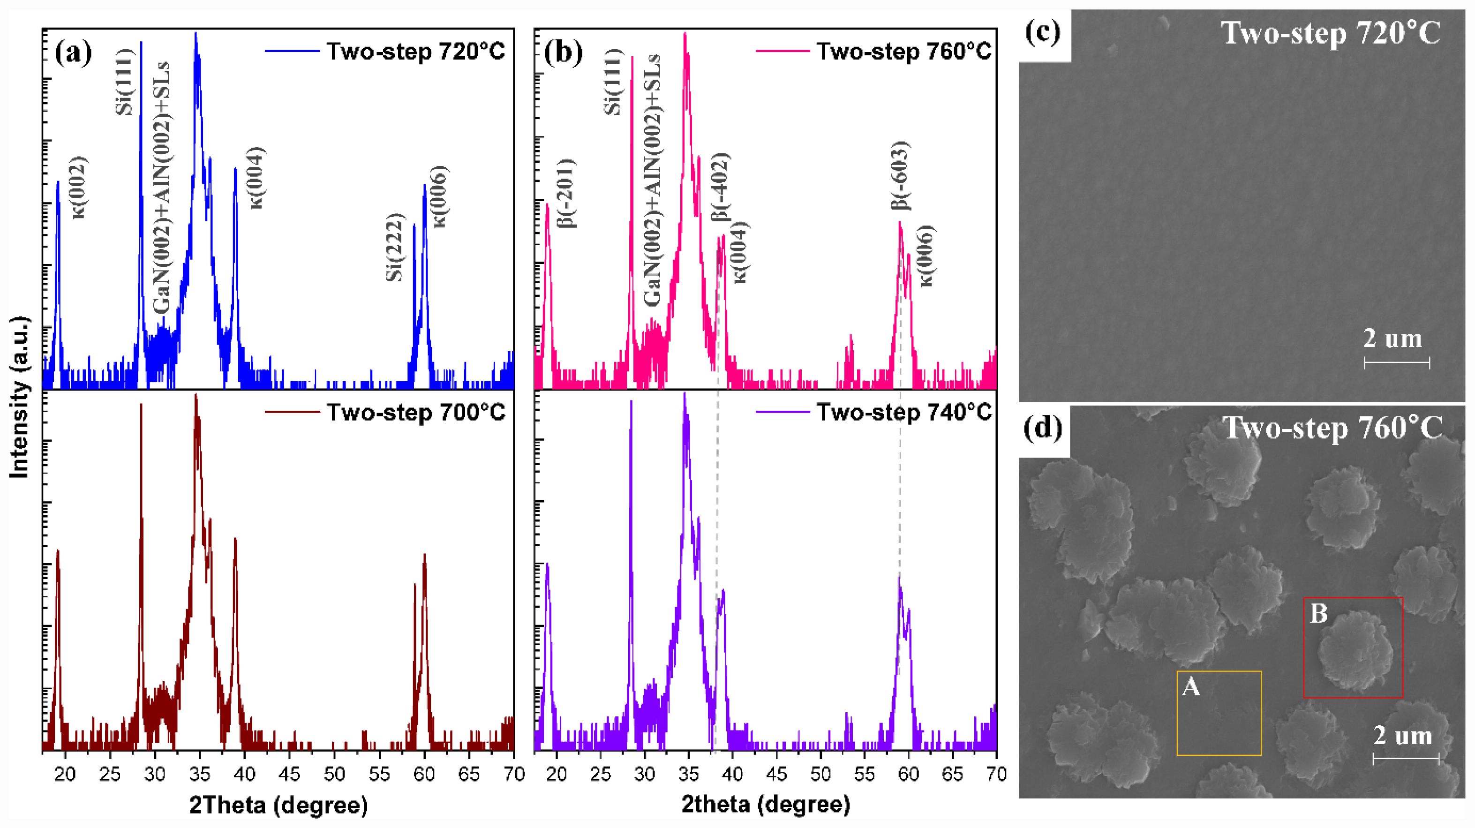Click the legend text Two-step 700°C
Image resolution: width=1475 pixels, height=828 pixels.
[x=416, y=412]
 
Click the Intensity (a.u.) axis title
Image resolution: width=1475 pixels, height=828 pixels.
[x=20, y=396]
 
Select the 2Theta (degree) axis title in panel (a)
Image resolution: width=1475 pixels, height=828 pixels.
[x=278, y=805]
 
